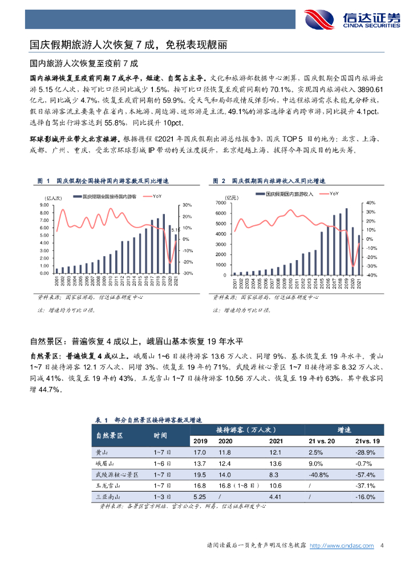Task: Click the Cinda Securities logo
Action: pos(352,19)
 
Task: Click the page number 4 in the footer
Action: pos(381,546)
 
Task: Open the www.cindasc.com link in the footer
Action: pos(341,546)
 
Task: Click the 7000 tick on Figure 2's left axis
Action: pos(222,203)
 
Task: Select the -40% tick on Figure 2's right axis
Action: pos(370,275)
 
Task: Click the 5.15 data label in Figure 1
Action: pos(175,230)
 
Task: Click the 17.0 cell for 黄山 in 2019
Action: pos(200,452)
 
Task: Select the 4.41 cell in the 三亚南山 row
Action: pos(275,497)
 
